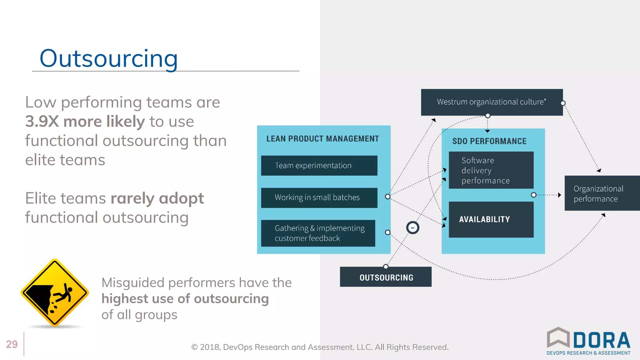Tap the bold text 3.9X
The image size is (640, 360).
[x=42, y=122]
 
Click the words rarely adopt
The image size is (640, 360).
[x=157, y=198]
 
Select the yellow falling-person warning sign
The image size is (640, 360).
[x=55, y=293]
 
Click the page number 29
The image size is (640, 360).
[x=12, y=344]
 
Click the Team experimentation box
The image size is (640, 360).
[x=319, y=166]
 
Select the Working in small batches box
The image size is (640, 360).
[x=319, y=197]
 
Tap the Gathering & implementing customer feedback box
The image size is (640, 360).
[x=318, y=233]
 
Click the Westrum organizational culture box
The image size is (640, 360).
[x=492, y=102]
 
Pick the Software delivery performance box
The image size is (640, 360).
[x=491, y=170]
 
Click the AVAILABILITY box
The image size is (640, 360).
[x=491, y=219]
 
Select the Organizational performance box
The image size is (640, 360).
[x=602, y=193]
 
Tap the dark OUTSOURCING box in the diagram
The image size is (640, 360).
[x=386, y=277]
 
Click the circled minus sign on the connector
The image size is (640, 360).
[x=412, y=227]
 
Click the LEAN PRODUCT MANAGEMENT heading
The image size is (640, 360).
[x=322, y=139]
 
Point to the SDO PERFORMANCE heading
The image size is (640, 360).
[x=489, y=141]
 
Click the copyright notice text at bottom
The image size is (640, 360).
[x=320, y=347]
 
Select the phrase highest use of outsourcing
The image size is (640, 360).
[x=185, y=299]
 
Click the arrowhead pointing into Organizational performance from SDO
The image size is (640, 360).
[x=559, y=195]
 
